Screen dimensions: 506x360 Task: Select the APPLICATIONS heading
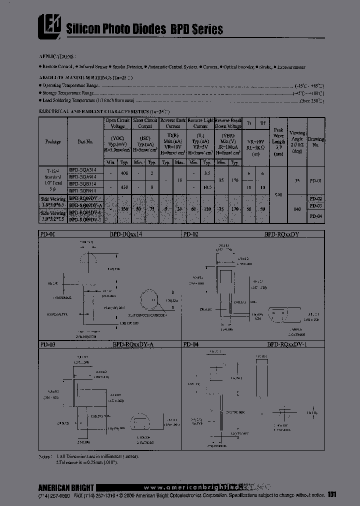click(57, 56)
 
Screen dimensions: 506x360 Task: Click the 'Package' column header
click(53, 141)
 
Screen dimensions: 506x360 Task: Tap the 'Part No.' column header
click(85, 141)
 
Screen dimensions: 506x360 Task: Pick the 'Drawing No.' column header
click(315, 141)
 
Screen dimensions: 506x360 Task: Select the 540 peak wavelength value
click(279, 194)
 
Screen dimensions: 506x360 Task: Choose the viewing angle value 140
click(297, 209)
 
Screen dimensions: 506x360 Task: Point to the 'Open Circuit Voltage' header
click(117, 123)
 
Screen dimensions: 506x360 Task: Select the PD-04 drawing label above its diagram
click(190, 344)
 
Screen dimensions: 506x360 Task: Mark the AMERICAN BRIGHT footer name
click(65, 487)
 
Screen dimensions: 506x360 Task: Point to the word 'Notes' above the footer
click(46, 457)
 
